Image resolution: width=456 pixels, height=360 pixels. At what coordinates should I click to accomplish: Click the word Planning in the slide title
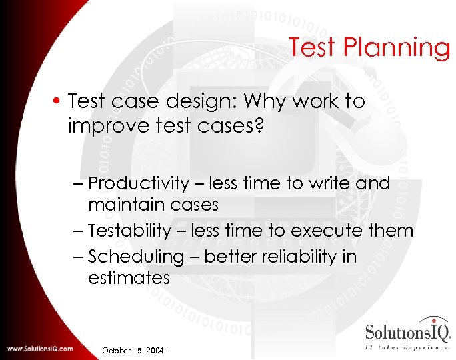pyautogui.click(x=396, y=48)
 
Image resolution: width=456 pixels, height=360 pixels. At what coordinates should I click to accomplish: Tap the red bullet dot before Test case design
pyautogui.click(x=59, y=102)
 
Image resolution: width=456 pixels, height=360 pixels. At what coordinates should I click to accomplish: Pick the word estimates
pyautogui.click(x=129, y=277)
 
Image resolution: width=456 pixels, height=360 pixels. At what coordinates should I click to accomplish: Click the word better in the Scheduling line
pyautogui.click(x=230, y=257)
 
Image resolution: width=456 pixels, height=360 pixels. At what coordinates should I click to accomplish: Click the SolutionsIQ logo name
pyautogui.click(x=407, y=331)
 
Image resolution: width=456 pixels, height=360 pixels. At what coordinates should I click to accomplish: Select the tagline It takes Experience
pyautogui.click(x=407, y=347)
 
